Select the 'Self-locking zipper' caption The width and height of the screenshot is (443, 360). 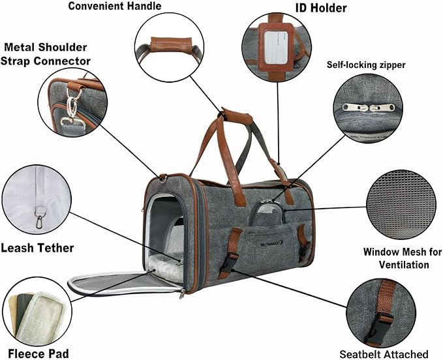pyautogui.click(x=375, y=65)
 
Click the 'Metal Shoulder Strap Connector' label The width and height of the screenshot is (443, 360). pyautogui.click(x=47, y=54)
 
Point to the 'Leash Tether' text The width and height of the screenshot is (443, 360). pyautogui.click(x=37, y=248)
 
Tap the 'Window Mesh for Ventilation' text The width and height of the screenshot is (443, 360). pyautogui.click(x=396, y=258)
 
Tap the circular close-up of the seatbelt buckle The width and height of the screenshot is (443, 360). pyautogui.click(x=380, y=313)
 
